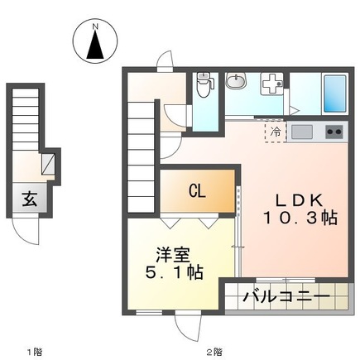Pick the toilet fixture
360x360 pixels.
point(204,83)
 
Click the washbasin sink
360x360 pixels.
point(236,82)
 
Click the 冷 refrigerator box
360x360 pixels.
point(274,132)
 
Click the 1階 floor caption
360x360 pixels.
point(33,352)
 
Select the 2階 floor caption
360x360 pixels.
point(214,352)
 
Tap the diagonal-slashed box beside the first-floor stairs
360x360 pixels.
point(50,162)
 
